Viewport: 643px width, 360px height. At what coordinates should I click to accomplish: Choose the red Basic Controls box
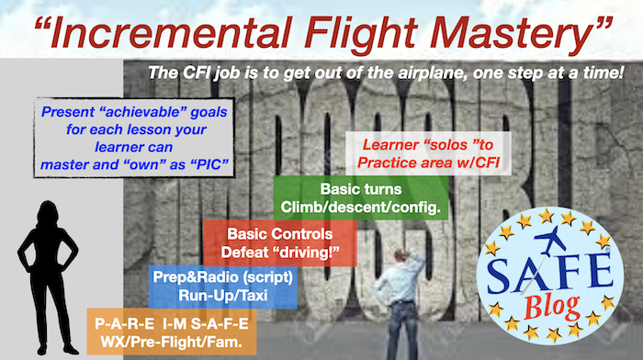pyautogui.click(x=266, y=238)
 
